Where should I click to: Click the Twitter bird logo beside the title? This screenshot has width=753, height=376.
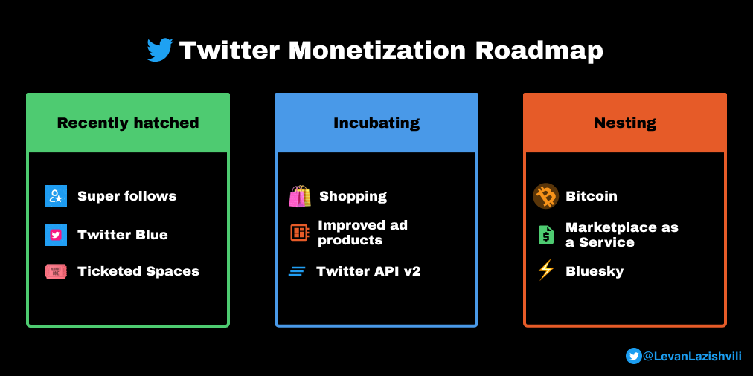[160, 51]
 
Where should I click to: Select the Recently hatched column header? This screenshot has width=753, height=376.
[128, 123]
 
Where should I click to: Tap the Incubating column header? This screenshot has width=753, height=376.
[376, 123]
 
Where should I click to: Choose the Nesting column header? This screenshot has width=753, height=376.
[625, 123]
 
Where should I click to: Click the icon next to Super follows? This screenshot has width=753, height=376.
[56, 196]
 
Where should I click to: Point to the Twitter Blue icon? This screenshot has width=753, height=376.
[56, 235]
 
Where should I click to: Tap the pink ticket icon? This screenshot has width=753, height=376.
[56, 271]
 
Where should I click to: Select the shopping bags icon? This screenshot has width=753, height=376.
[300, 196]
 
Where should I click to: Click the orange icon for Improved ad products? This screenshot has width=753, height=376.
[299, 233]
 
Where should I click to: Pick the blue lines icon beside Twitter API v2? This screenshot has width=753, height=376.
[298, 271]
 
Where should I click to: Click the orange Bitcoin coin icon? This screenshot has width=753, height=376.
[546, 196]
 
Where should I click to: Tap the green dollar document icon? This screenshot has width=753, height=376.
[546, 235]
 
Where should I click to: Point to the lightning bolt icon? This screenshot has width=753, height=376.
[546, 270]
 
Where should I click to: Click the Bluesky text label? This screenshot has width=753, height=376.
[595, 271]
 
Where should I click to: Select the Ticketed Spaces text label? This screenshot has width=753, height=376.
[138, 271]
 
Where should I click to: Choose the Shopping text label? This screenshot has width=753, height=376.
[353, 196]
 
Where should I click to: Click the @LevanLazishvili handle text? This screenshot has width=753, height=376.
[692, 356]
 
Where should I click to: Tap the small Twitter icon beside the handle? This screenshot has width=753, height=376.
[634, 356]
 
